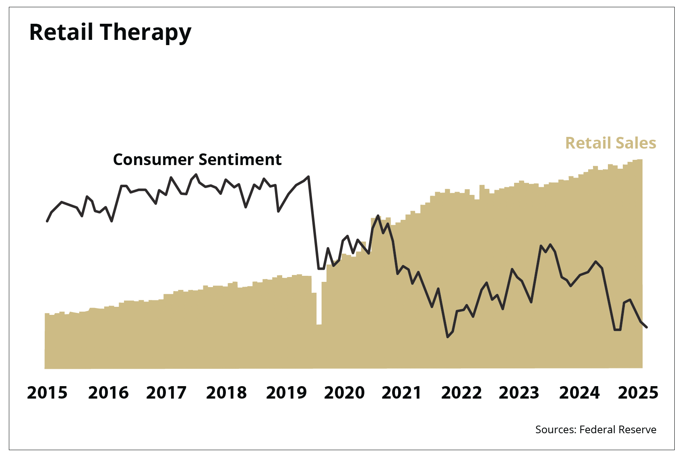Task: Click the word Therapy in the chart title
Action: [x=146, y=33]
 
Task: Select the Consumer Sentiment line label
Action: [x=197, y=160]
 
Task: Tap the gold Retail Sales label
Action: [x=610, y=143]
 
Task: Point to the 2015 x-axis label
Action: [x=47, y=393]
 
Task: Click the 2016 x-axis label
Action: [x=108, y=393]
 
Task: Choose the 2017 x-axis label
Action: [x=166, y=393]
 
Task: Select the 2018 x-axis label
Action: [x=226, y=393]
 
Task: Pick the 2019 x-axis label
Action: [x=286, y=393]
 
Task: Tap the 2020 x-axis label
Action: [x=344, y=393]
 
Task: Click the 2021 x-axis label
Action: [x=401, y=393]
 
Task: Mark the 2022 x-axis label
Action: [x=461, y=393]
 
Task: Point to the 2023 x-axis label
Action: [x=519, y=393]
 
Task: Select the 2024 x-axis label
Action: [x=579, y=393]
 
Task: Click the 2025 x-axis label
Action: [x=638, y=393]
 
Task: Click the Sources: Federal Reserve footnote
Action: [x=595, y=430]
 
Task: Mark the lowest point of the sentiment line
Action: [x=448, y=337]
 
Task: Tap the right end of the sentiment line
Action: [x=647, y=327]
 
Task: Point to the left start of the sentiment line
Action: [x=47, y=221]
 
